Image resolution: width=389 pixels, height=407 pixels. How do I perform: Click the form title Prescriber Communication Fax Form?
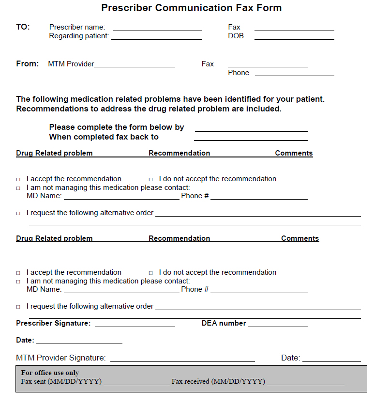click(x=191, y=8)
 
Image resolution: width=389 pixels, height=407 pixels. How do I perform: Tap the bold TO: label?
click(x=23, y=27)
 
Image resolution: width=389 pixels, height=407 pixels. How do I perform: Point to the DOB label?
click(x=236, y=36)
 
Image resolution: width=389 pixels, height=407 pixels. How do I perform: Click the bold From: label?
click(x=27, y=64)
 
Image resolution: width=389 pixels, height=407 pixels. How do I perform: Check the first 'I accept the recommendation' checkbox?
click(x=18, y=179)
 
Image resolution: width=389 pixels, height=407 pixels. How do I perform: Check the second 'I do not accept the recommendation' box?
click(x=151, y=273)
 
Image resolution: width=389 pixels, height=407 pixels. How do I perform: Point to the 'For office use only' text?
click(x=50, y=373)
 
